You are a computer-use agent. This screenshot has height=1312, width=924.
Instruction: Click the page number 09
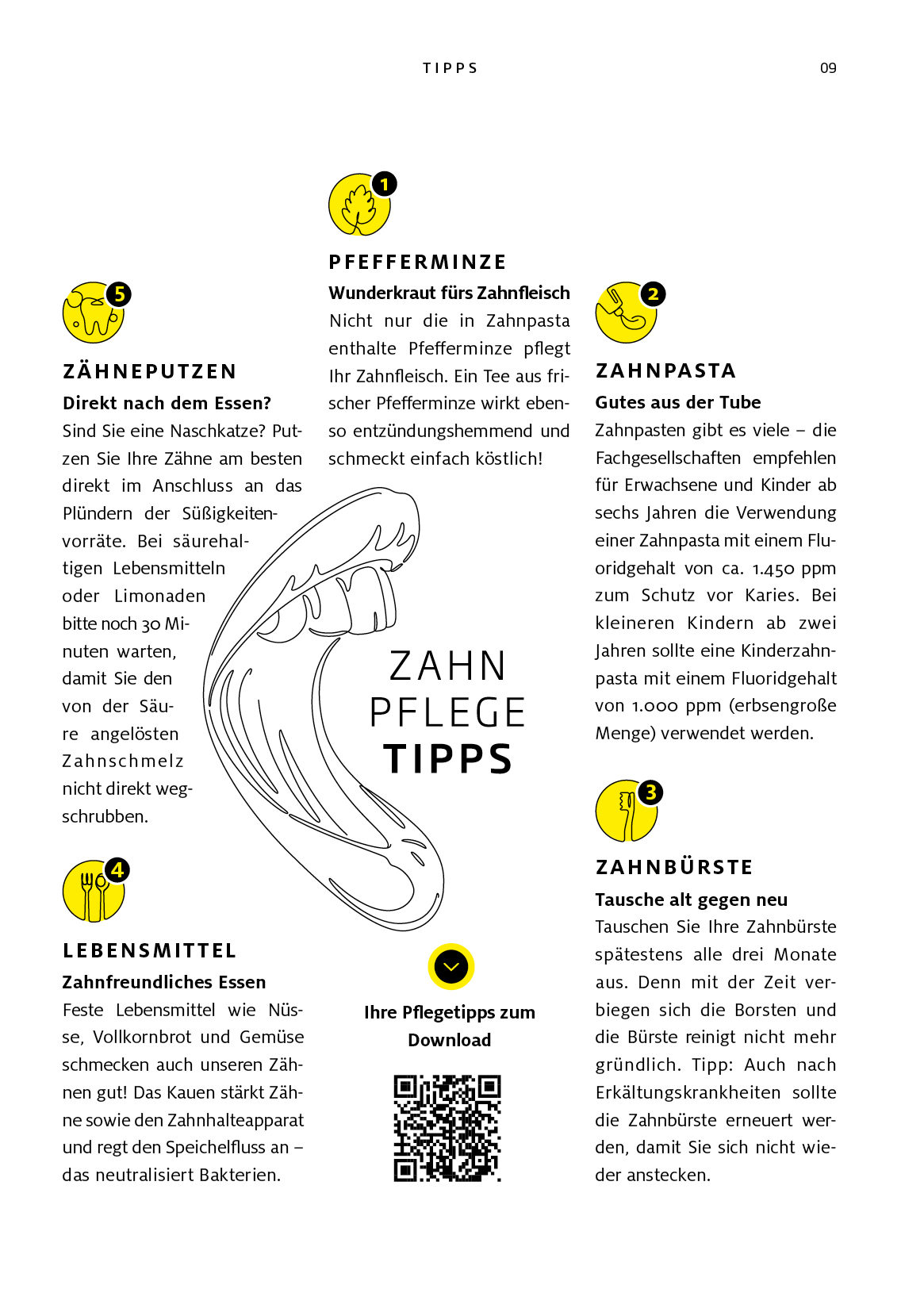click(x=828, y=68)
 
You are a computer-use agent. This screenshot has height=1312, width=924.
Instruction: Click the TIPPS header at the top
click(x=450, y=68)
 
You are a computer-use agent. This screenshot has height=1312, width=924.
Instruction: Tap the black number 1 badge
click(x=385, y=184)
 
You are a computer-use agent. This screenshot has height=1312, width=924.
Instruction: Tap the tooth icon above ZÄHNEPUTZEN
click(x=92, y=315)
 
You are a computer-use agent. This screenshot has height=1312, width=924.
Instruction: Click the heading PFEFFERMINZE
click(x=417, y=263)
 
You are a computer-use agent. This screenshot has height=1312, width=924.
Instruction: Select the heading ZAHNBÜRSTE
click(x=674, y=868)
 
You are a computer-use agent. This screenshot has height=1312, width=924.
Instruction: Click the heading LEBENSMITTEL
click(x=149, y=951)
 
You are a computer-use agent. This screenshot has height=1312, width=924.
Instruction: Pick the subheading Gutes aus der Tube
click(x=678, y=402)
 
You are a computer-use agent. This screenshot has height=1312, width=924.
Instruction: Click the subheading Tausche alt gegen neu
click(x=691, y=900)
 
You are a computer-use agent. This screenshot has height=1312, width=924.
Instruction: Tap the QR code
click(x=448, y=1128)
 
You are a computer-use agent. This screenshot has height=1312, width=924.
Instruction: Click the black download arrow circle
click(x=451, y=967)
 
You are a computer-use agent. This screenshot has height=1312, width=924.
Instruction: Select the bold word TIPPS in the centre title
click(x=448, y=759)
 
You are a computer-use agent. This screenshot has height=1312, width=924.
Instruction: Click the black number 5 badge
click(x=119, y=294)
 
